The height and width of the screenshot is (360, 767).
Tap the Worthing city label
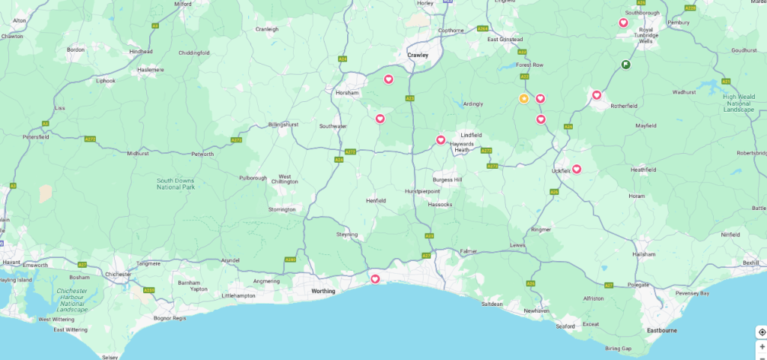(x=323, y=291)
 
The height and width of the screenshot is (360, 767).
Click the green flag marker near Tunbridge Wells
(x=625, y=64)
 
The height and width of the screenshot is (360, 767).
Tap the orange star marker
(x=524, y=99)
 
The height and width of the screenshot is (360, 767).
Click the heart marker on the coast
(x=375, y=279)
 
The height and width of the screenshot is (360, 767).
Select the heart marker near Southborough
(x=623, y=22)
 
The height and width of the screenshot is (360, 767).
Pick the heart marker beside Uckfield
(x=577, y=169)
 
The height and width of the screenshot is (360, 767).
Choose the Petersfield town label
(x=36, y=137)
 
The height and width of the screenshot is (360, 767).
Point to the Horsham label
(x=347, y=93)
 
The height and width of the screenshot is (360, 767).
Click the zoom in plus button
(x=762, y=346)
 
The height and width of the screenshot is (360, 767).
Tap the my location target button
(x=762, y=332)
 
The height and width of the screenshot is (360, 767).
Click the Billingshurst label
(x=283, y=124)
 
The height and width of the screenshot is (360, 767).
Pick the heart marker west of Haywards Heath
(x=441, y=139)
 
